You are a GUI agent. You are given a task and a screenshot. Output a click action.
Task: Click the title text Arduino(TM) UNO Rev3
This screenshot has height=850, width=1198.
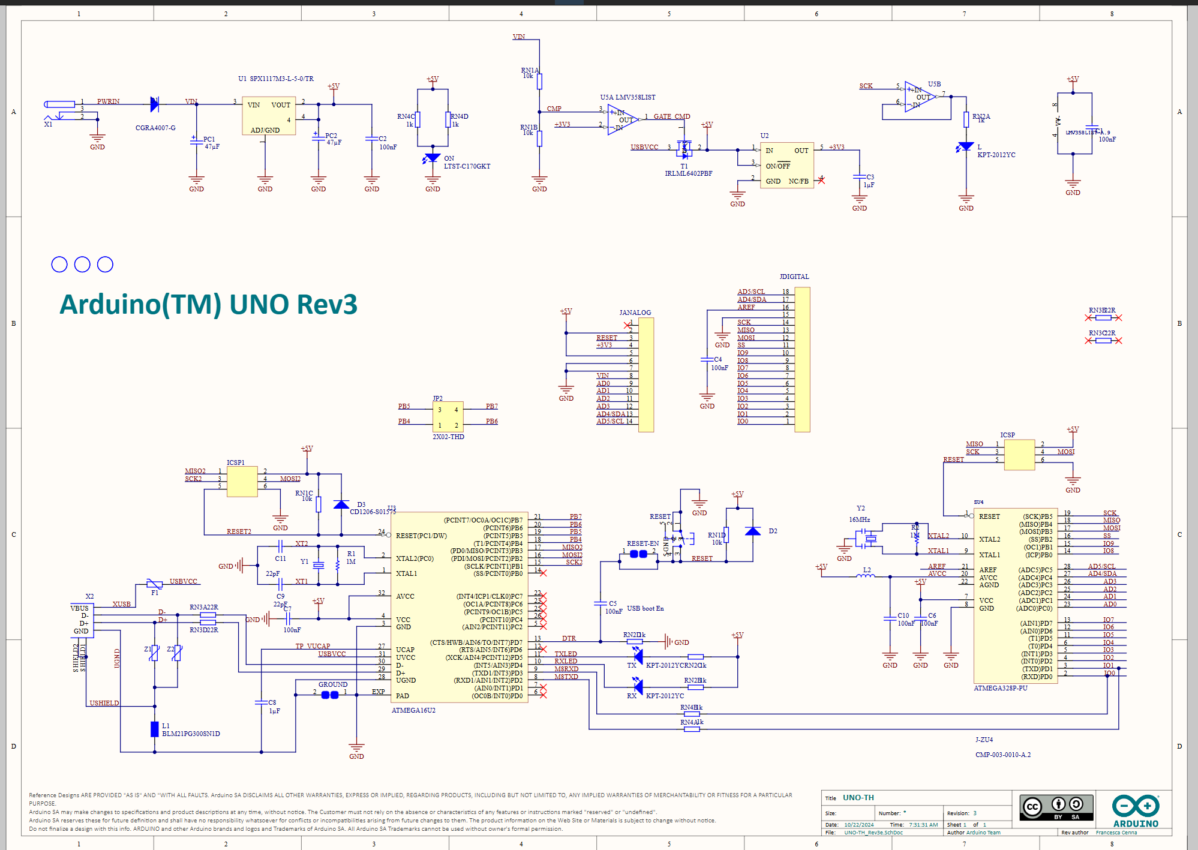click(208, 305)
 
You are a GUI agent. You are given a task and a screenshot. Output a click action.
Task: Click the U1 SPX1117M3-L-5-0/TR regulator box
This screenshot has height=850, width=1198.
click(269, 116)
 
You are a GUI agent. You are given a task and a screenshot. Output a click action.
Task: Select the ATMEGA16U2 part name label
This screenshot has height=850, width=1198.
click(413, 710)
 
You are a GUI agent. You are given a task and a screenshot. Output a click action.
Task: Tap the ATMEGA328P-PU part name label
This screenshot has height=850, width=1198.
click(1000, 688)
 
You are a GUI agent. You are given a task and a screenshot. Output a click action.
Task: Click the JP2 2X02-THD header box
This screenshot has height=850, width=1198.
click(448, 417)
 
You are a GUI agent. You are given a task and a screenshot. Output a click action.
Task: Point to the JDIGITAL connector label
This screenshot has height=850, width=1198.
click(794, 277)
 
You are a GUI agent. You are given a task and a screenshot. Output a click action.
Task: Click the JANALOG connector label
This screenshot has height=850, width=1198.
click(635, 313)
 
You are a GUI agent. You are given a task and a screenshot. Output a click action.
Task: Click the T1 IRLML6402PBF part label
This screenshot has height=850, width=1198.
click(688, 173)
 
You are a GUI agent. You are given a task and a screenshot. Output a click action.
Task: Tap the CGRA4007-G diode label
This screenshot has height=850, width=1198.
click(155, 128)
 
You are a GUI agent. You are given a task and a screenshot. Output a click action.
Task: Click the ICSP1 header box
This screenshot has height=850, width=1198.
click(242, 482)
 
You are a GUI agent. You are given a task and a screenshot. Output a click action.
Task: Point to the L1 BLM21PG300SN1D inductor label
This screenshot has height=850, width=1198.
click(191, 734)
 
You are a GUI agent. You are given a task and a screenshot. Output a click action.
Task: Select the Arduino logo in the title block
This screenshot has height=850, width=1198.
click(1135, 811)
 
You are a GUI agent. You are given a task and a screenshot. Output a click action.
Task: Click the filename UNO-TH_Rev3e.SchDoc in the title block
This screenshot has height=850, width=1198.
click(873, 833)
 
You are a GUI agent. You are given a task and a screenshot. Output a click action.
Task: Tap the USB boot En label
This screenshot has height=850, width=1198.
click(645, 608)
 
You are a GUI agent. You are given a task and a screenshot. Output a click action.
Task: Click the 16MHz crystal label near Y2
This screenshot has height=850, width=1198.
click(859, 519)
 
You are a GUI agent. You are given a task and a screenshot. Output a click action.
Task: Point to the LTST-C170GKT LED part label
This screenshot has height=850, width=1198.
click(467, 166)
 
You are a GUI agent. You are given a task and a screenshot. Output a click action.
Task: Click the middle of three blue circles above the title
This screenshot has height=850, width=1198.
click(82, 265)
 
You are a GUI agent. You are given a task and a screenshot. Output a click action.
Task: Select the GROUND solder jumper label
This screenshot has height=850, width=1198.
click(333, 684)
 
